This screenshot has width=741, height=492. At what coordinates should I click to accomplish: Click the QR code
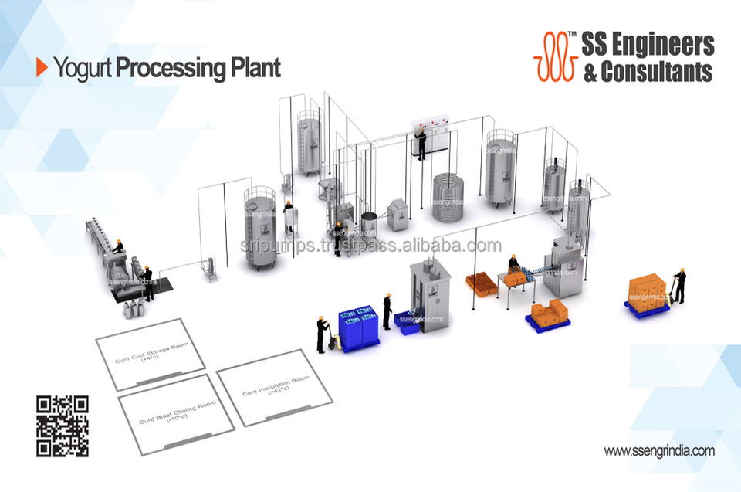click(x=63, y=426)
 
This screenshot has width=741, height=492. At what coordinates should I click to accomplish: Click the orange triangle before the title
click(x=42, y=68)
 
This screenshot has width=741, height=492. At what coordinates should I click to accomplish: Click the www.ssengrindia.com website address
click(x=658, y=450)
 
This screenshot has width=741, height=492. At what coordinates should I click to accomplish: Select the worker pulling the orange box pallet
click(x=679, y=285)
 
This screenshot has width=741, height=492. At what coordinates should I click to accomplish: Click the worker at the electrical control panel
click(x=421, y=144)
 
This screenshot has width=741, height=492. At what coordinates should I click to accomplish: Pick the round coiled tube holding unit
click(x=451, y=198)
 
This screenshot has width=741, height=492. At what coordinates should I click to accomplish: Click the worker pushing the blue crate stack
click(x=322, y=333)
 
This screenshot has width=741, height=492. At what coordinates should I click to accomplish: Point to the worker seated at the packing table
click(x=513, y=265)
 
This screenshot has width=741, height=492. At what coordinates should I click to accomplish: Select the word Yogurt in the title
click(x=83, y=68)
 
